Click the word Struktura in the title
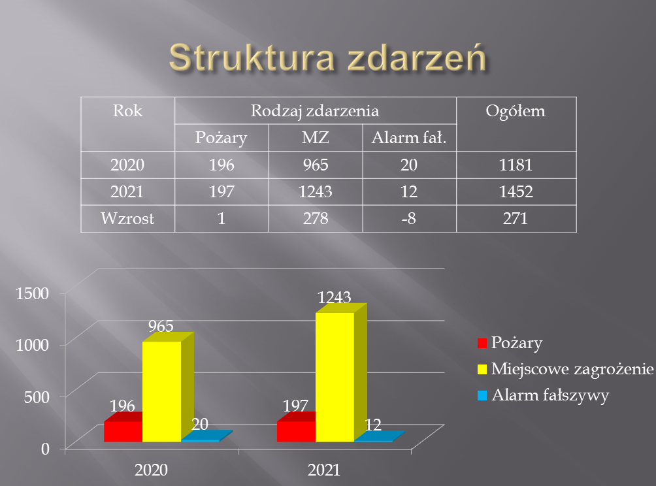[252, 57]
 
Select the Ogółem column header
[516, 111]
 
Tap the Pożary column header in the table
[221, 138]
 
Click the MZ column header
[316, 138]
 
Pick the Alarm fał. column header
[409, 138]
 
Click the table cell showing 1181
[516, 165]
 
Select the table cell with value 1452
[516, 191]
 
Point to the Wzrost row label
[127, 218]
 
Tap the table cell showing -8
[409, 218]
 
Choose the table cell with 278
[316, 218]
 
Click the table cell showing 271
[516, 218]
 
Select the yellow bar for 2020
[162, 391]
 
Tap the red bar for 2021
[296, 431]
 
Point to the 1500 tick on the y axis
[33, 293]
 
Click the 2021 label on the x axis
[324, 470]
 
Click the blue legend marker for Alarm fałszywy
[482, 395]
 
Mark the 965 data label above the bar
[161, 326]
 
